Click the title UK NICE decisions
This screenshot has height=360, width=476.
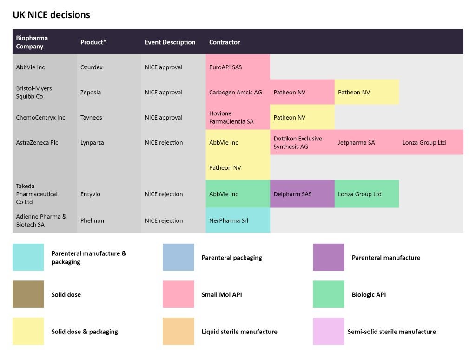pos(51,15)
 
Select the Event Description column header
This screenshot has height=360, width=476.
pos(170,42)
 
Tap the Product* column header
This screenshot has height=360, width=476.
pos(93,42)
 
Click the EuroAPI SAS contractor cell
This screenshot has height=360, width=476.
pos(238,67)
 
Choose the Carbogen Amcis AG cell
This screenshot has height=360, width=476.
pos(238,92)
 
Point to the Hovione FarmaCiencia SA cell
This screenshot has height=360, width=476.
pos(238,117)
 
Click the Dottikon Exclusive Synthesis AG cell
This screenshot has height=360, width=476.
pos(302,142)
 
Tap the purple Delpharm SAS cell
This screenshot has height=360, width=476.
pos(302,194)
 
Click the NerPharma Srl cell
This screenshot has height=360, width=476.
pos(238,220)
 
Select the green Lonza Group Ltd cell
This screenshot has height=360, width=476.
pos(366,194)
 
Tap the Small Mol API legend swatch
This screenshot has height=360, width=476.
pos(178,294)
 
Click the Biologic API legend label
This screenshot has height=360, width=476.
pos(369,294)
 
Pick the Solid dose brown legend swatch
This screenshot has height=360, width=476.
pos(28,294)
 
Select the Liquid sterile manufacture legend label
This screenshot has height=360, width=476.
pos(239,332)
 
